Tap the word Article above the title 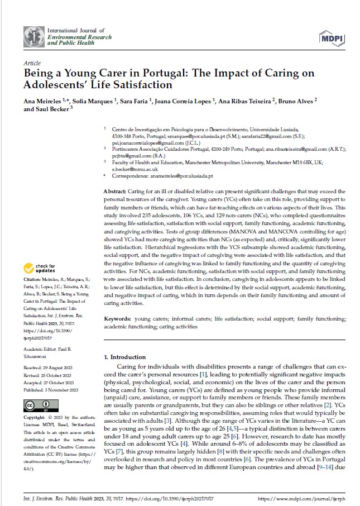pos(33,64)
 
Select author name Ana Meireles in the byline pos(43,101)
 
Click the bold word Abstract pos(115,192)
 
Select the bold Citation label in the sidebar pos(33,279)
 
